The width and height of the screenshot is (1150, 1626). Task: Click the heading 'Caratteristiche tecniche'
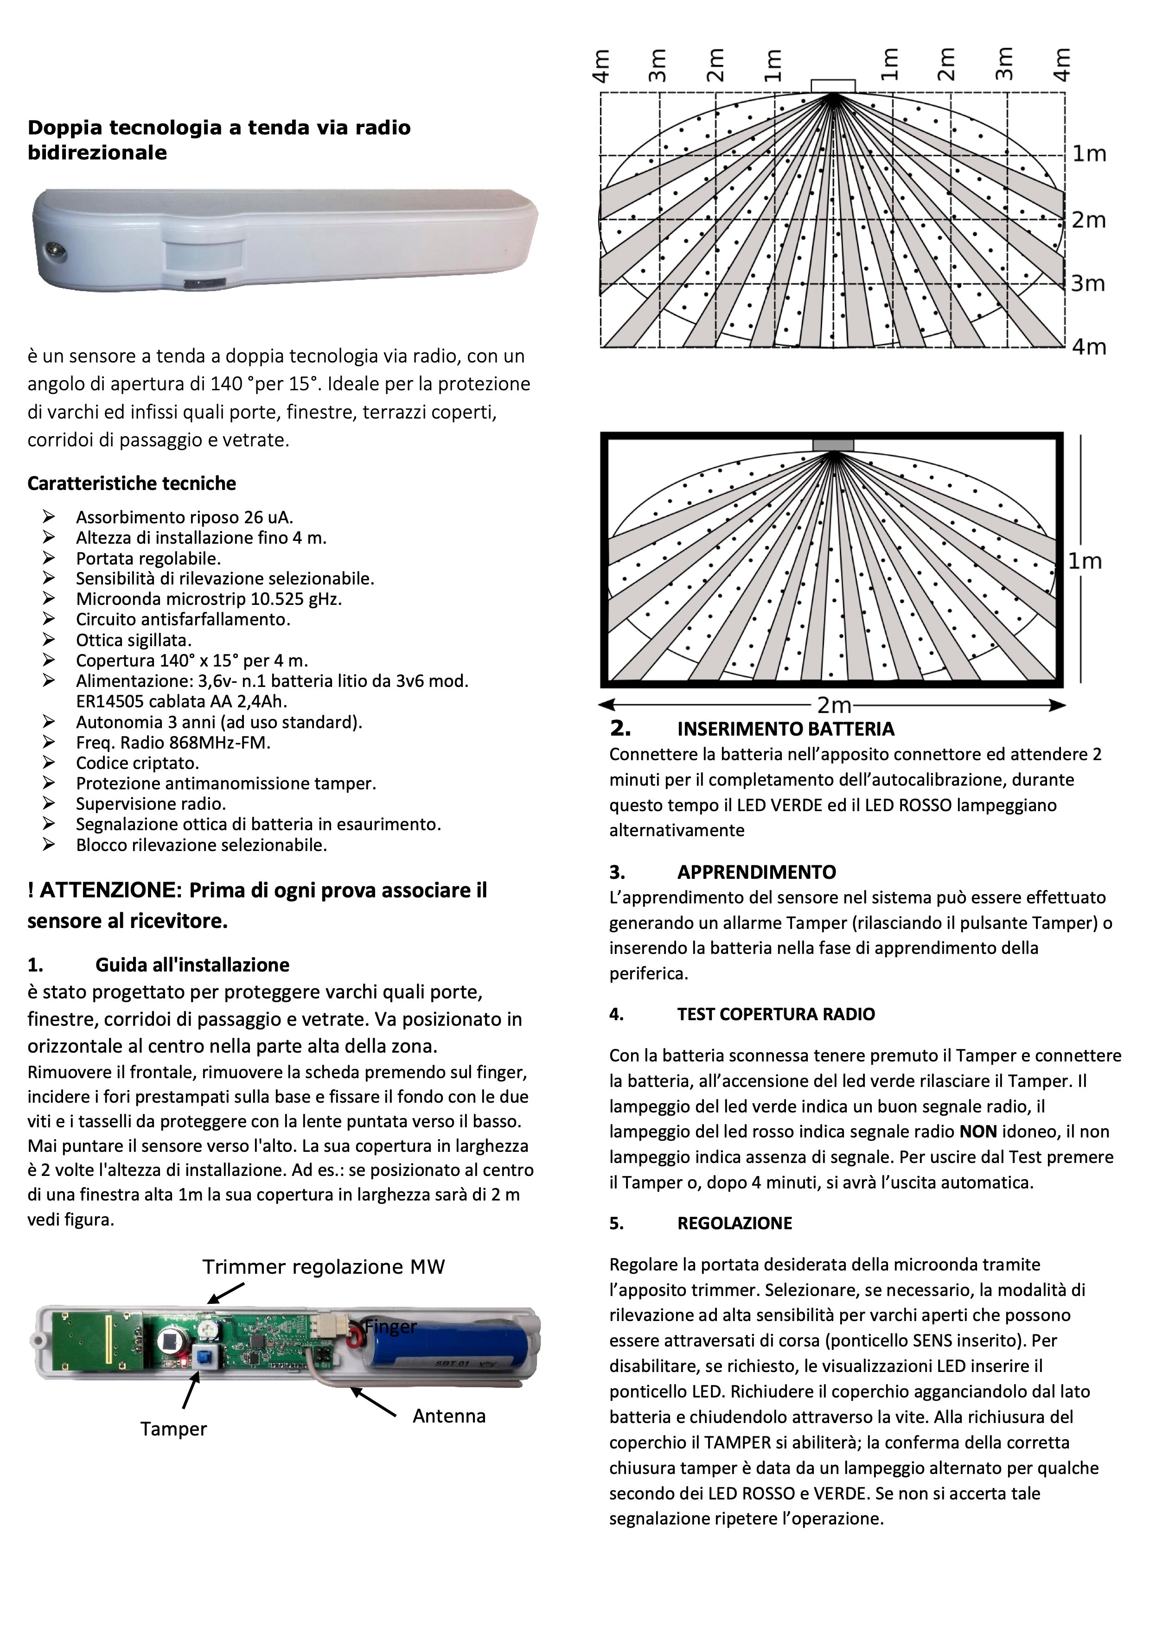131,484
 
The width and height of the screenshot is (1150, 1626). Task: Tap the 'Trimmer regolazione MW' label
324,1267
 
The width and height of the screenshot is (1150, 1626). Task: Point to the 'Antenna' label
449,1416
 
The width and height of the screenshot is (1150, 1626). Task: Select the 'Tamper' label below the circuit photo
173,1429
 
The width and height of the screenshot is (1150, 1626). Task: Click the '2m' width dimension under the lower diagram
834,705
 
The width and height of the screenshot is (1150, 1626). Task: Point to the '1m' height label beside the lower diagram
1085,562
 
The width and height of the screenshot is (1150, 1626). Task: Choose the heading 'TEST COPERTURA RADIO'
775,1014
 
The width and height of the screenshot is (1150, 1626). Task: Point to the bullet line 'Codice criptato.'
137,763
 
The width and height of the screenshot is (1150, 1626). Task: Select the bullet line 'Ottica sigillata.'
134,640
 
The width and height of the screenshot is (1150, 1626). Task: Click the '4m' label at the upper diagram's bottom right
1088,347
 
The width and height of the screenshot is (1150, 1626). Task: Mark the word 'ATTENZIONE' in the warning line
106,890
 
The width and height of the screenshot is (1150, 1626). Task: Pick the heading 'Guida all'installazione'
192,965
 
